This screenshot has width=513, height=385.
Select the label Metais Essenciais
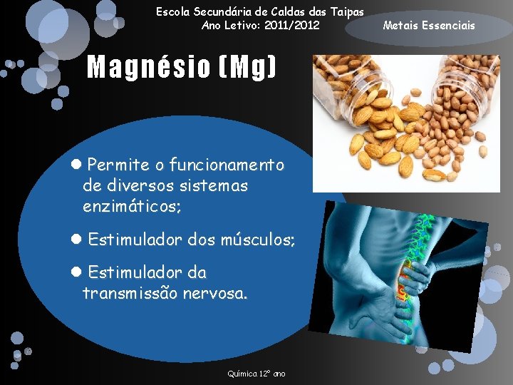pyautogui.click(x=428, y=26)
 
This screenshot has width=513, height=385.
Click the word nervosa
pyautogui.click(x=215, y=293)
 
